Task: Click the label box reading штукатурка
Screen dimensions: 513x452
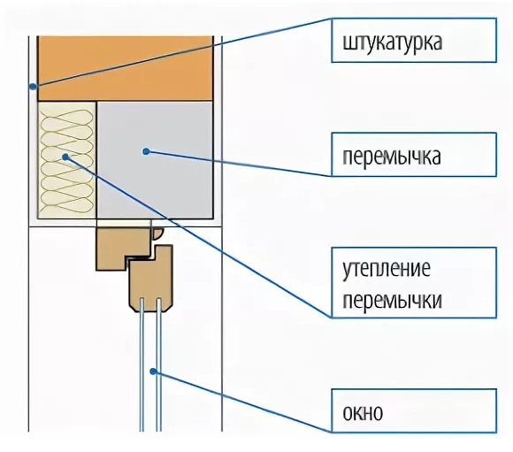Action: (x=414, y=41)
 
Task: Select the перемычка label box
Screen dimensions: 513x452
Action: (x=414, y=155)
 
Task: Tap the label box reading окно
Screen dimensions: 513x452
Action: (x=414, y=410)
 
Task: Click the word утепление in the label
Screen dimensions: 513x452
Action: (x=387, y=270)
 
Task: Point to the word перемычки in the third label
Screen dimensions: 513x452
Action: (x=393, y=300)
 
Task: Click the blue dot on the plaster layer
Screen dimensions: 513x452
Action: (x=33, y=87)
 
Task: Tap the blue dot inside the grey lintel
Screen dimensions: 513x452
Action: (x=147, y=151)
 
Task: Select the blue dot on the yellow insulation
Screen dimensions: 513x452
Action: (x=65, y=157)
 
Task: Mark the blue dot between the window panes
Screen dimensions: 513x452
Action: (x=153, y=372)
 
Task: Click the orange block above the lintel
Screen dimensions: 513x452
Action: (x=126, y=68)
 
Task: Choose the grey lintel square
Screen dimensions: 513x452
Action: (x=155, y=160)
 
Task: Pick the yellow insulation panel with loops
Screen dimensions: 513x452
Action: (x=67, y=160)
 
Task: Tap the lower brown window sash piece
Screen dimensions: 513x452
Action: (x=151, y=279)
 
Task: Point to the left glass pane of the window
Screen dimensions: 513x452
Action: (x=142, y=364)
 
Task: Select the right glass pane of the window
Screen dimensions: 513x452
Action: (x=158, y=364)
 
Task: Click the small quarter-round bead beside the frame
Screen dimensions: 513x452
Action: (x=157, y=234)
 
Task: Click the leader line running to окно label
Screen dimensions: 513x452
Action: (x=242, y=402)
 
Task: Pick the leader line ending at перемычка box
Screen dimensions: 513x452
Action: (x=239, y=164)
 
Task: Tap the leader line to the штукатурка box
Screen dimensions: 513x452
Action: (x=182, y=52)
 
